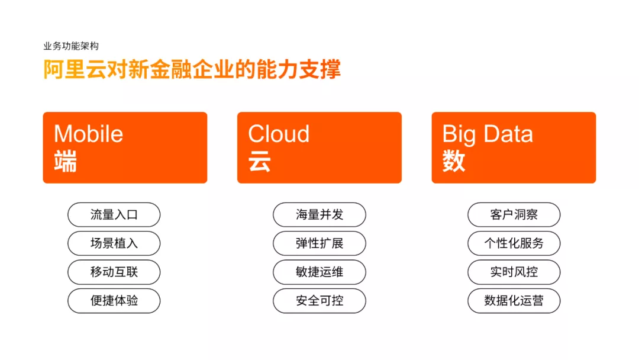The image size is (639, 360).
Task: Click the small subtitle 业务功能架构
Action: (71, 46)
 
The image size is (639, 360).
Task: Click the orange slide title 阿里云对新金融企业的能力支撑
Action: (192, 69)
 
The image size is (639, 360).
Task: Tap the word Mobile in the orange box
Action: (88, 134)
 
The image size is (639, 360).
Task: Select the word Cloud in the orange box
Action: (279, 134)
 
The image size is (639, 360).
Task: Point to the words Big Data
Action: (488, 134)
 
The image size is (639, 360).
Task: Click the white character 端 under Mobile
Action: (65, 161)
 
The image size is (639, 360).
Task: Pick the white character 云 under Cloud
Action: (260, 161)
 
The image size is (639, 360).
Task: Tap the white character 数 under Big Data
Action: (454, 161)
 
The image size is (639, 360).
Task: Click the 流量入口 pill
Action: (114, 215)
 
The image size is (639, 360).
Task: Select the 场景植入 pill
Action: (114, 243)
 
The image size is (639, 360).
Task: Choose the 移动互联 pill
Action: (114, 272)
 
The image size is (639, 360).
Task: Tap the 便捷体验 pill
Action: (114, 301)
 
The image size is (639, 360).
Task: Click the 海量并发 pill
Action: (319, 215)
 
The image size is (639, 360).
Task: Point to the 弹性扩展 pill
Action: (319, 243)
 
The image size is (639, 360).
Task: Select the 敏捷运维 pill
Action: (319, 272)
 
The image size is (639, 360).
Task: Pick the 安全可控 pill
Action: (319, 301)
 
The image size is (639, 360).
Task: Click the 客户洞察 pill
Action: (514, 215)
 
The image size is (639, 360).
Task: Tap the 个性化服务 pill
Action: (514, 243)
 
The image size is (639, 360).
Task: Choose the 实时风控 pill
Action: (514, 272)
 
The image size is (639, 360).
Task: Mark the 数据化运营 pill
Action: (514, 301)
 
